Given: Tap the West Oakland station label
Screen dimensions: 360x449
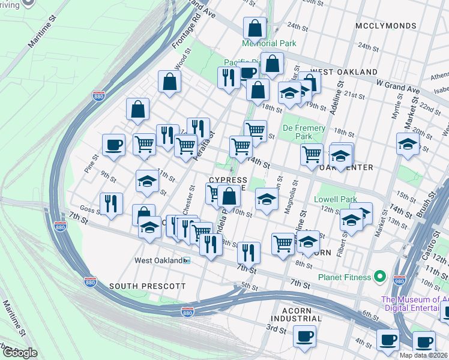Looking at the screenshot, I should tap(158, 260).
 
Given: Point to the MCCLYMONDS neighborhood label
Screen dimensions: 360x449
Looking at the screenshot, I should tap(385, 26).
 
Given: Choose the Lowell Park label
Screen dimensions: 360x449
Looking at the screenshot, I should tap(336, 199).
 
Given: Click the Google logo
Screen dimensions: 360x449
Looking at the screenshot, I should tap(20, 352).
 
